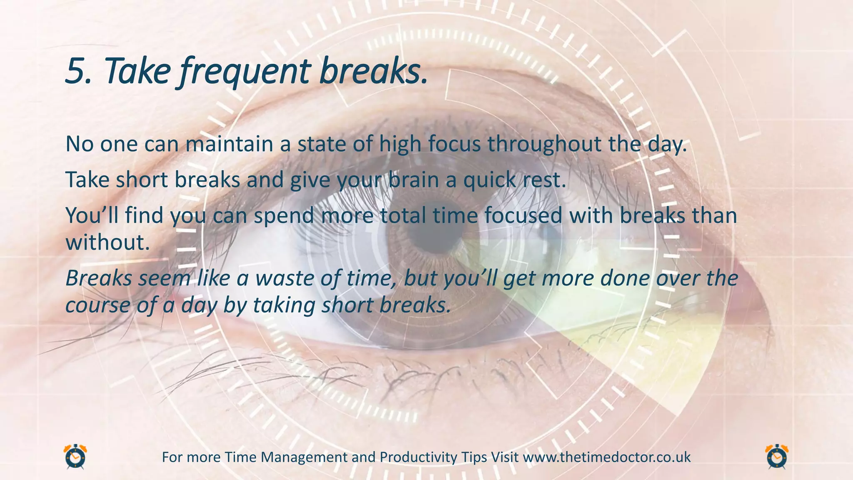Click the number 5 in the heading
[76, 71]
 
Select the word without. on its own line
[107, 242]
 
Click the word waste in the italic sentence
[284, 278]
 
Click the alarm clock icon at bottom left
[75, 457]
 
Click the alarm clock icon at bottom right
[777, 457]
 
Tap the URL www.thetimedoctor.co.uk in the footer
[606, 457]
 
